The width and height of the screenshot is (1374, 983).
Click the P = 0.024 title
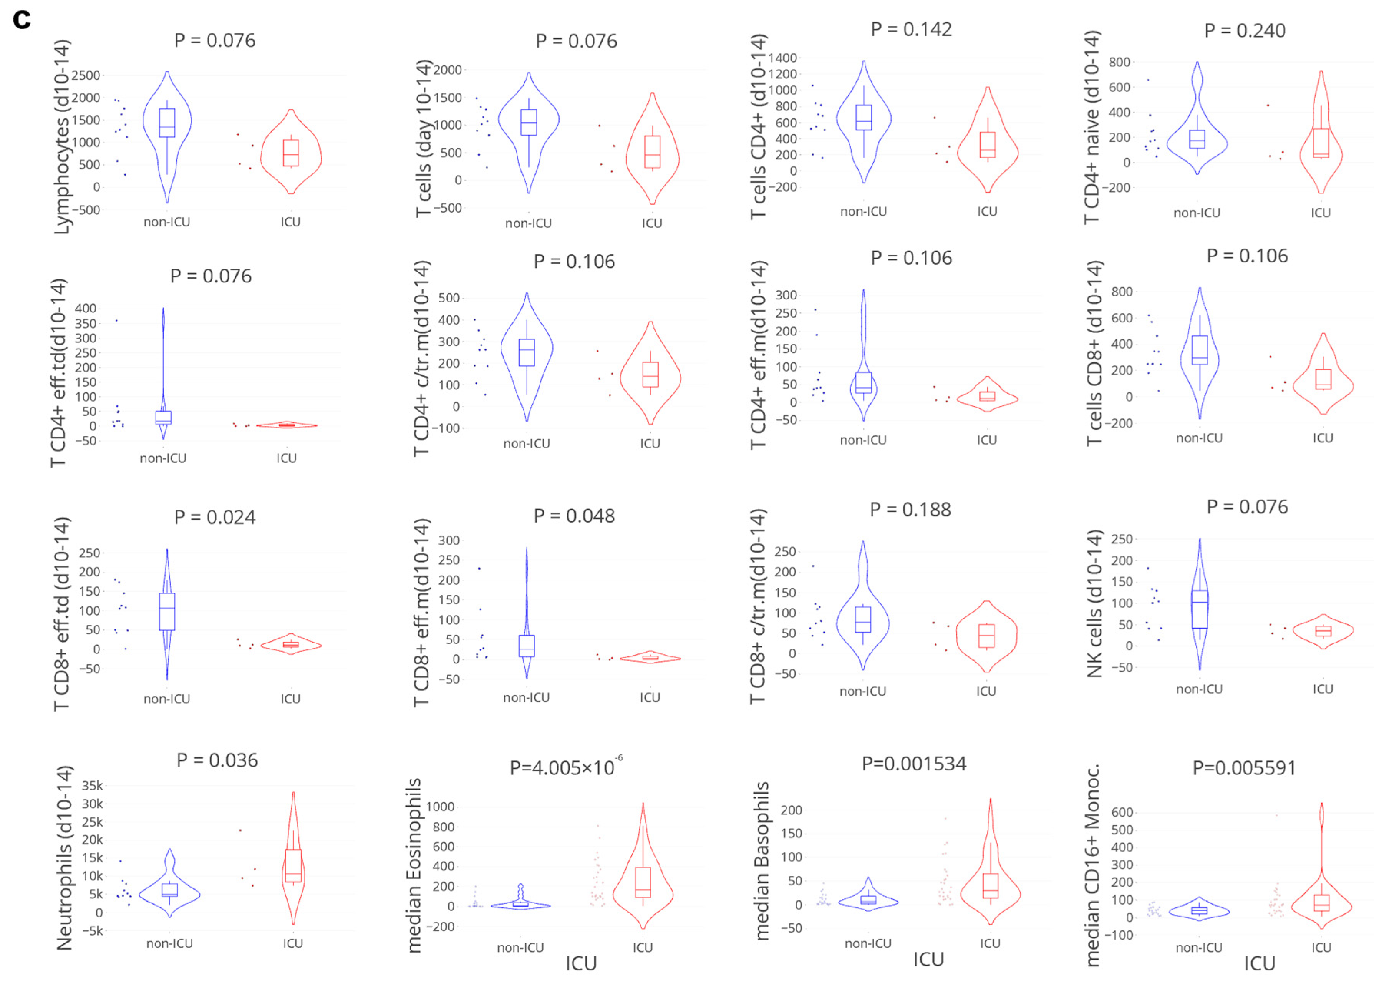tap(215, 518)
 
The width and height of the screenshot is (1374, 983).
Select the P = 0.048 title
tap(574, 516)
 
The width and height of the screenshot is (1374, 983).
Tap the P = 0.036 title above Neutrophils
tap(217, 760)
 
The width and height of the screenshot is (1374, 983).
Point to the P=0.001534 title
tap(913, 764)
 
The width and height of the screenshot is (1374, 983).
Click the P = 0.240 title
tap(1245, 31)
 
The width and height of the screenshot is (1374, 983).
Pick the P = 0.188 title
tap(910, 510)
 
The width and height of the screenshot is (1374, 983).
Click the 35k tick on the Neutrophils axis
tap(92, 786)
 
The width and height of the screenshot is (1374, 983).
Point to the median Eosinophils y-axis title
tap(414, 865)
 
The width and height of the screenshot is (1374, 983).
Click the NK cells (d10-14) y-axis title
tap(1094, 603)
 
